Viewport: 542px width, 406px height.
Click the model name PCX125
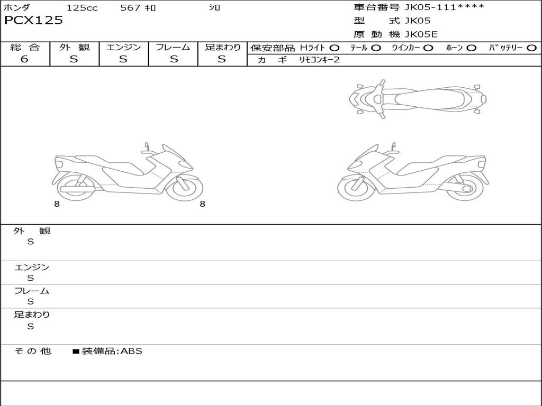[x=33, y=20]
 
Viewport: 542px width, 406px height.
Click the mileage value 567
[x=130, y=7]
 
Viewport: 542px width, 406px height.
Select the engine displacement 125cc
[x=82, y=7]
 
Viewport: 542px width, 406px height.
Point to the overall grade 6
[x=24, y=59]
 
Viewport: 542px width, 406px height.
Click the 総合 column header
[x=25, y=47]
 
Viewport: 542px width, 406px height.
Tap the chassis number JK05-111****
[x=444, y=7]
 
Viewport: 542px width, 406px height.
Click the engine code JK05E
[x=421, y=34]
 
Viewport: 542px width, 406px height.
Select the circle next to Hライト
[x=335, y=48]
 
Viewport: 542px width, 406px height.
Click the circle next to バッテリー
[x=531, y=48]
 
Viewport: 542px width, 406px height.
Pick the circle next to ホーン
[x=471, y=48]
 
